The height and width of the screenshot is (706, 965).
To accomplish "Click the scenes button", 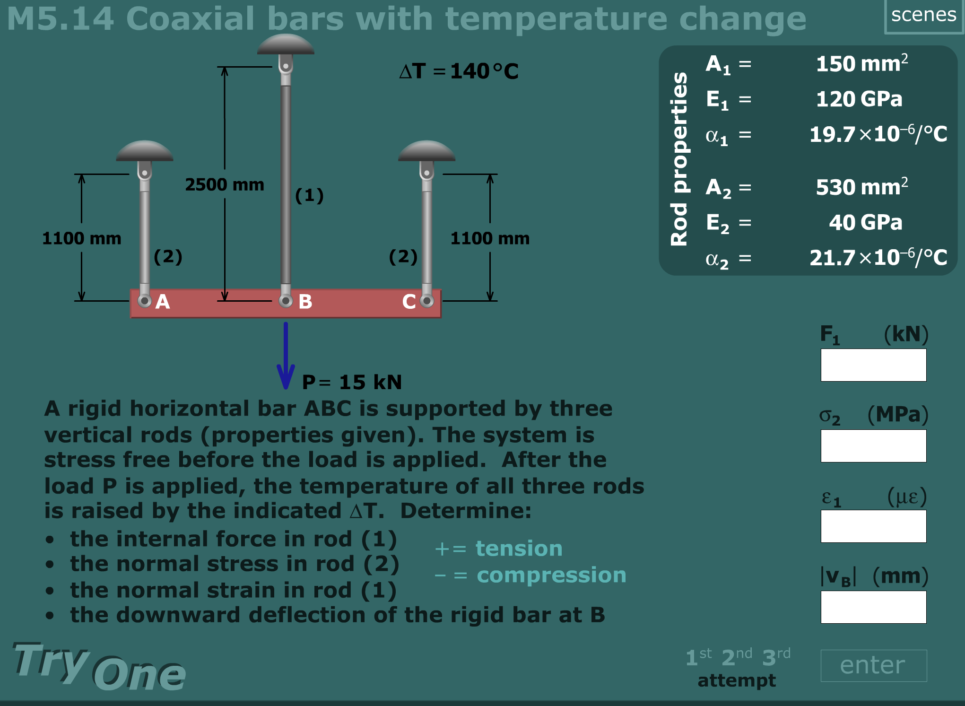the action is tap(923, 16).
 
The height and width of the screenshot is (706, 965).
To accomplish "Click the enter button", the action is tap(874, 665).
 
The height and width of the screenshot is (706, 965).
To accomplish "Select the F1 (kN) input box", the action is tap(874, 365).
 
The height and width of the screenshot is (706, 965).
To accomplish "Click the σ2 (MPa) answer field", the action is tap(874, 446).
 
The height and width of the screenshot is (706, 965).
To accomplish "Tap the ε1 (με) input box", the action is tap(874, 526).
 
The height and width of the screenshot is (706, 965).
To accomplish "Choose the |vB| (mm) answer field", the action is tap(874, 607).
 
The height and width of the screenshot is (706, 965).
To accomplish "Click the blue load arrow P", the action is tap(286, 356).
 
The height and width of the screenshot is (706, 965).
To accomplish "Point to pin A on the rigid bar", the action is tap(144, 301).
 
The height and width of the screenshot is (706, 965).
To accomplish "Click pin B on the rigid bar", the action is tap(286, 301).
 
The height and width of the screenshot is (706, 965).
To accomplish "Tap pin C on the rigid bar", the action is tap(427, 301).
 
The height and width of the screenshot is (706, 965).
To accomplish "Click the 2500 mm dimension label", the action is tap(225, 184).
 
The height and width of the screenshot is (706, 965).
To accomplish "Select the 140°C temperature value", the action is tap(485, 71).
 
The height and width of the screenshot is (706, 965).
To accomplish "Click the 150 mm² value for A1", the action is tap(862, 63).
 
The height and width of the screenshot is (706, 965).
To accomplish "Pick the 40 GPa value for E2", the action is tap(866, 222).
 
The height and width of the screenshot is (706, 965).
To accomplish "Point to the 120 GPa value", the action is tap(859, 99).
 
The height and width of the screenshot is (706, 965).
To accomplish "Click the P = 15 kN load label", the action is tap(352, 382).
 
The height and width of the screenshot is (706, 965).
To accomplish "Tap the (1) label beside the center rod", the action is tap(309, 195).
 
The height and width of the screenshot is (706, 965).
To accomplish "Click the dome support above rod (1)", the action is tap(286, 44).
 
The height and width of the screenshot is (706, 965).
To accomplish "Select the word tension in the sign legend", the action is tap(519, 549).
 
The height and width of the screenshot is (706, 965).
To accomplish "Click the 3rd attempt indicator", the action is tap(776, 656).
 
